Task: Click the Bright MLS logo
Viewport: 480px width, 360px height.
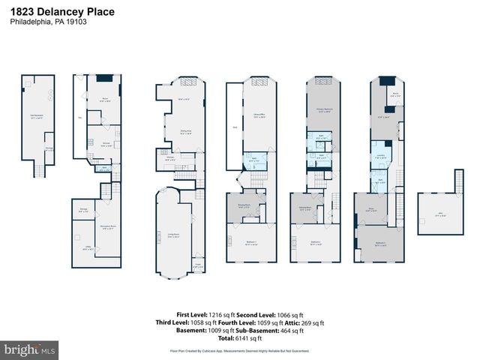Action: pyautogui.click(x=30, y=349)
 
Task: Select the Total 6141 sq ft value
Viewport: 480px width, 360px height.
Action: pyautogui.click(x=239, y=339)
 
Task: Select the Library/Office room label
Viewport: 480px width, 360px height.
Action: pyautogui.click(x=259, y=115)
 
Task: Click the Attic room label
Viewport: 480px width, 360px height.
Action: pyautogui.click(x=430, y=215)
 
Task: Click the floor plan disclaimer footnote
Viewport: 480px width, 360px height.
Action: pyautogui.click(x=239, y=350)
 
